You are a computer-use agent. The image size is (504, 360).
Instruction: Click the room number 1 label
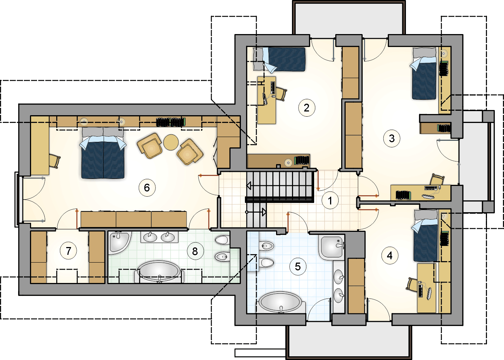point(330,200)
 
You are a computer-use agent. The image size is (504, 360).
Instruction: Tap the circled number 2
point(307,108)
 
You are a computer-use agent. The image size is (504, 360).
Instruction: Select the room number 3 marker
point(392,139)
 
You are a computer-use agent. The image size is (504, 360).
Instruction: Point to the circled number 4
point(390,256)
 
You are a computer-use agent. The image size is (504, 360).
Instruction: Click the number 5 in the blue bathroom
point(298,267)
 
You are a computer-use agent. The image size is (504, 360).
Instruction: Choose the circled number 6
point(147,187)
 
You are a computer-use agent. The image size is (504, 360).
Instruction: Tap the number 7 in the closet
point(68,251)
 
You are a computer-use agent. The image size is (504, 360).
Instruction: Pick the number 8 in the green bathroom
point(195,251)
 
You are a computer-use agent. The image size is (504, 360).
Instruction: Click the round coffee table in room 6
point(171,142)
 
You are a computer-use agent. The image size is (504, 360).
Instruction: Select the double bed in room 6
point(103,153)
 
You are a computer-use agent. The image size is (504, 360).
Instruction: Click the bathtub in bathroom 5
point(280,302)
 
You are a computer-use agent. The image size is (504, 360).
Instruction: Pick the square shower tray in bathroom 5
point(332,247)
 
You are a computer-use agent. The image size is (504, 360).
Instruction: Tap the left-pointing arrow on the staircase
point(249,186)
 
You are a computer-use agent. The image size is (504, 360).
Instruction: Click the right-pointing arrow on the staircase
point(264,212)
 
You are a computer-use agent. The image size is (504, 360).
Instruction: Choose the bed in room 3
point(424,74)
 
